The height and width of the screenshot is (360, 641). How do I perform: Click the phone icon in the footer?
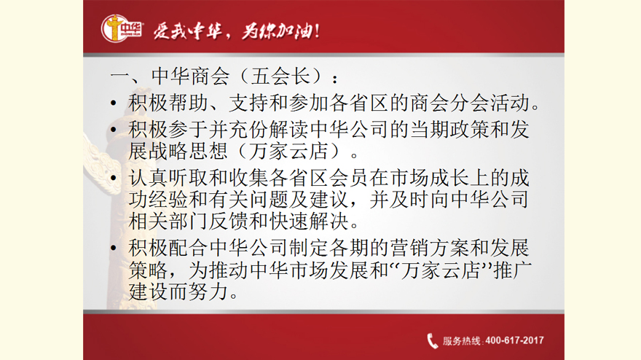pos(432,341)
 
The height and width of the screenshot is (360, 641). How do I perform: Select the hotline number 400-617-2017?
pos(514,340)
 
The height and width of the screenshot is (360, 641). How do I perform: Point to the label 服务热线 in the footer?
pos(461,341)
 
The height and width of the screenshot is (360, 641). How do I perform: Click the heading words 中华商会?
pos(191,76)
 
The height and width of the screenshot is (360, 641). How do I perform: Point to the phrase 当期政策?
pos(449,130)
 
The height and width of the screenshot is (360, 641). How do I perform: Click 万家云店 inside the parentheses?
pos(289,151)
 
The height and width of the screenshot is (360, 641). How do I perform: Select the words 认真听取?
pos(168,178)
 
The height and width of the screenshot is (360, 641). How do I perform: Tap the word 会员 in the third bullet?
pos(349,178)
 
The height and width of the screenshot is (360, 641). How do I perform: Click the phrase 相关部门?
pos(168,222)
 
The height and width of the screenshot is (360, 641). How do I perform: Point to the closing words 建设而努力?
pos(178,291)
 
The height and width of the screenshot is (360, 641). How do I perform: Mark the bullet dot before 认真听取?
pos(114,178)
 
